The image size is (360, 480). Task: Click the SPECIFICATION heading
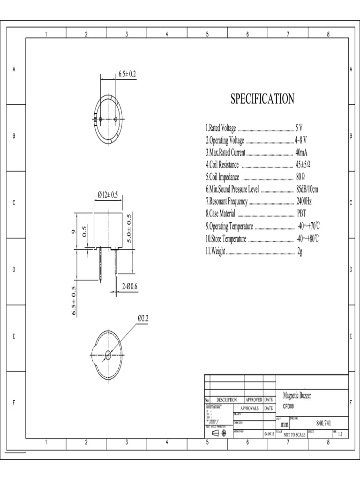coord(262,99)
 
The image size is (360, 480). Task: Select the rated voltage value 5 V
coord(299,128)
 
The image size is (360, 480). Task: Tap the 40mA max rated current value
coord(301,152)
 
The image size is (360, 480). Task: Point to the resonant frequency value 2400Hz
coord(304,201)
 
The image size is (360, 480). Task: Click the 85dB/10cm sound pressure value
coord(307,189)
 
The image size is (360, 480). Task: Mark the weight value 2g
coord(300,251)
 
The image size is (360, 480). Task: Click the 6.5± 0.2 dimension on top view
coord(127,74)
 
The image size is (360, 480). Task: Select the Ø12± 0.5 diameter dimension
coord(107,195)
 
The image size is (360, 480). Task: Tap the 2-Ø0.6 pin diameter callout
coord(130,285)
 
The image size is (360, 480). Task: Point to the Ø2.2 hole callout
coord(142,318)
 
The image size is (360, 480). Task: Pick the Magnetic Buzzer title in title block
coord(297,396)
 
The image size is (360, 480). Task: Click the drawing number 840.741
coord(324,422)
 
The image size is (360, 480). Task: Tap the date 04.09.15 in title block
coord(269,435)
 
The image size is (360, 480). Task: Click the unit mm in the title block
coord(285,423)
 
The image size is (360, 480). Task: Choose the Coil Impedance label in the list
coord(222,177)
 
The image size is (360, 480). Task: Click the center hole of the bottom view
coord(108,355)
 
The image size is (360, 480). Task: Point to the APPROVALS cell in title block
coord(248,408)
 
